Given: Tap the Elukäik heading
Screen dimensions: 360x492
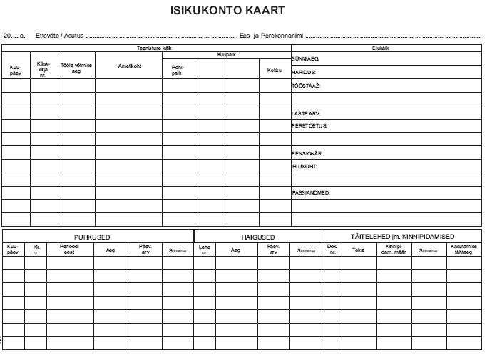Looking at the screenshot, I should coord(380,48).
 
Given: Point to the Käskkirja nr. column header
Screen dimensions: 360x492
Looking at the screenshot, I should coord(43,68).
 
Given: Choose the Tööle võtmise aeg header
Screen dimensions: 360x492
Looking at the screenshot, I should coord(76,68).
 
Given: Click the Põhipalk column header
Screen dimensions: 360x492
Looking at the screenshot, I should coord(178,71).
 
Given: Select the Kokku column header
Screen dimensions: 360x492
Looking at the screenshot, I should coord(275,71).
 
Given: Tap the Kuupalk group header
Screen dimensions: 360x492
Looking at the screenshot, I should coord(226,54).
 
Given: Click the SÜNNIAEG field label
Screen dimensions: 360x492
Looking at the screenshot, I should coord(305,58).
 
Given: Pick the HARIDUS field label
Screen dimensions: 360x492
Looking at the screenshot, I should coord(304,72).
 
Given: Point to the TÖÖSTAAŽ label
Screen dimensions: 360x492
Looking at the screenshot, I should coord(306,86).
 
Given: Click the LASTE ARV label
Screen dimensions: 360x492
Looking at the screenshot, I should coord(307,113).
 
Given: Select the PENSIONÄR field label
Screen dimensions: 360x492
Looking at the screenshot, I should coord(307,153).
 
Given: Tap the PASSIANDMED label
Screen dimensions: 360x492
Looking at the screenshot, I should coord(311,193).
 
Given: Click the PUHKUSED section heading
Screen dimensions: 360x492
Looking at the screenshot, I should coord(92,237).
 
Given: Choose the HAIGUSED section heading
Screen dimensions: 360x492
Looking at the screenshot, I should coord(257,237).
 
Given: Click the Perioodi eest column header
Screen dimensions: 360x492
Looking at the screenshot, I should coord(68,250).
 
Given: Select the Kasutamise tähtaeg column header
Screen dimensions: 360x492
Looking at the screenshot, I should coord(463,250).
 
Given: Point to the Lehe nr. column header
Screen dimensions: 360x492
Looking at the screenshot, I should coord(205,250).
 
